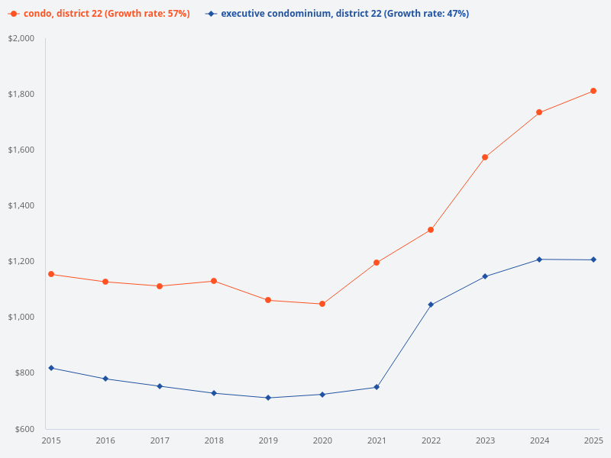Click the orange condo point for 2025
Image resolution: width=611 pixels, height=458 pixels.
[x=593, y=91]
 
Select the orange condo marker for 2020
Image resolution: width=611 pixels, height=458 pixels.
[x=322, y=304]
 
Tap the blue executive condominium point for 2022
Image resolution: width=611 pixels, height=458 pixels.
[x=431, y=305]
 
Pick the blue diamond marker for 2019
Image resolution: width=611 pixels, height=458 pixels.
[x=268, y=398]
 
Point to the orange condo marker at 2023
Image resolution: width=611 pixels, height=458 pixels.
[x=485, y=157]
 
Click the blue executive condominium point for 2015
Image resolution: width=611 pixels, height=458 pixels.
[x=51, y=368]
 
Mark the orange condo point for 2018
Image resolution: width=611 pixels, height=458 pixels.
[x=214, y=281]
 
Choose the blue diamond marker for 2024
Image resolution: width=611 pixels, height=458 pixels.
[x=539, y=260]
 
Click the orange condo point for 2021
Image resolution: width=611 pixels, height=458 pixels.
[x=377, y=263]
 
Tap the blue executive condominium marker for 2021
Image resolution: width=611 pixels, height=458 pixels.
[x=377, y=387]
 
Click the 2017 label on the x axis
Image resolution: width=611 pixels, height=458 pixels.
[x=160, y=440]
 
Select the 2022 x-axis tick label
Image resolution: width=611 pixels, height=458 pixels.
[x=431, y=440]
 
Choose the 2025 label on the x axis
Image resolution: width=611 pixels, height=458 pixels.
[x=593, y=440]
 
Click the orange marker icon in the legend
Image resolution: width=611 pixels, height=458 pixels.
[x=14, y=14]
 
